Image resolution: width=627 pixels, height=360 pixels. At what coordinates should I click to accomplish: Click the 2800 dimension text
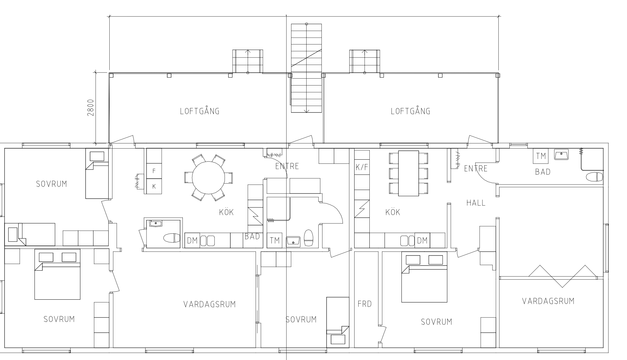(x=91, y=108)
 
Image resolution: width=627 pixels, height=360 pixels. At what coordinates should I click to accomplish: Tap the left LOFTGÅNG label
(x=200, y=111)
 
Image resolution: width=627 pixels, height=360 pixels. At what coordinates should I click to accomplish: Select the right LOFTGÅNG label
(x=410, y=111)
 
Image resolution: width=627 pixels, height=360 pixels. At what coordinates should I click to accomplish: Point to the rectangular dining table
(x=409, y=173)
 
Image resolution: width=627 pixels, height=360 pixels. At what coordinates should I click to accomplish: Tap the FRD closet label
(x=365, y=304)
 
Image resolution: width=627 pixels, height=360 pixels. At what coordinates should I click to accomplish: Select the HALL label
(x=476, y=203)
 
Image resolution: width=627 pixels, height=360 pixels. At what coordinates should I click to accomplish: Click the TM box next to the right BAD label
(x=541, y=156)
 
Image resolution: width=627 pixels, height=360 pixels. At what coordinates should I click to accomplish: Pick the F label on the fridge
(x=154, y=171)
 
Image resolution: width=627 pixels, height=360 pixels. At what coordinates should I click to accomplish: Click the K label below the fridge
(x=154, y=186)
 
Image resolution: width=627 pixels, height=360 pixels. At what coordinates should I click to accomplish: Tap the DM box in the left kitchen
(x=192, y=240)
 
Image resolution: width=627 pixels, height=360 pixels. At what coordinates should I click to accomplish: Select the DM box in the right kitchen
(x=422, y=240)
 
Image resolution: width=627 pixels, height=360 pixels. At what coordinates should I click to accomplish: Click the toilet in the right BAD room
(x=594, y=177)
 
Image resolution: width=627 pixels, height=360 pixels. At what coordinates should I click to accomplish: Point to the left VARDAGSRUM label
(x=209, y=304)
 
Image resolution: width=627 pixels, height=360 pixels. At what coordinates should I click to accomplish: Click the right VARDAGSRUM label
(x=548, y=301)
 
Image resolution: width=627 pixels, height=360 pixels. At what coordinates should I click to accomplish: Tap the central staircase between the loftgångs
(x=307, y=68)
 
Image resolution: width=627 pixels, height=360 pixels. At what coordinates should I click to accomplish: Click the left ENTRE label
(x=287, y=166)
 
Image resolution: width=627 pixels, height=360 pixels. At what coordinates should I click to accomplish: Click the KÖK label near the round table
(x=226, y=212)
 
